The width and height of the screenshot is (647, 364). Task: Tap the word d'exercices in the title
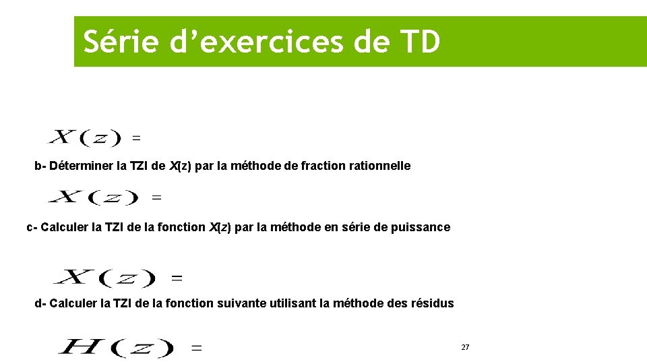(x=251, y=42)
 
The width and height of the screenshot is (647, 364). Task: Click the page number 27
(x=465, y=347)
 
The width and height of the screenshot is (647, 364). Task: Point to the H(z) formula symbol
(x=115, y=348)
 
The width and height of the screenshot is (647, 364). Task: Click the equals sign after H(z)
(x=197, y=348)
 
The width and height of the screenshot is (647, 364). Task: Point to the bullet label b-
(x=40, y=166)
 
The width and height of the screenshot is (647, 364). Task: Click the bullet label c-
(x=32, y=227)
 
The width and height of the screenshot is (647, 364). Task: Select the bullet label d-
(x=40, y=303)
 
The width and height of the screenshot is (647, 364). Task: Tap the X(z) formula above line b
(x=84, y=138)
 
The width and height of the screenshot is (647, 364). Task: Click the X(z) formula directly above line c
(x=93, y=198)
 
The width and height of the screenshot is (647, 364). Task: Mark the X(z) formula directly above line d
(x=104, y=277)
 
